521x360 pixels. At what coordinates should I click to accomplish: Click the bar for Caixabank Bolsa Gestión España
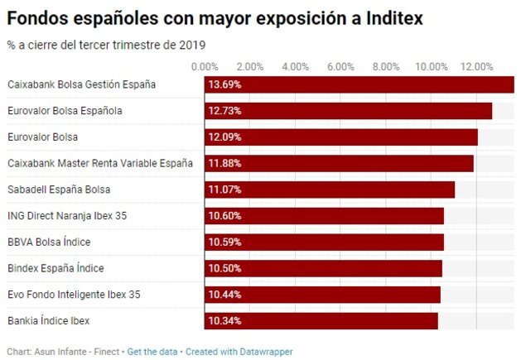359,84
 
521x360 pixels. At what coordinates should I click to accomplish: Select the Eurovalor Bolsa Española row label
65,111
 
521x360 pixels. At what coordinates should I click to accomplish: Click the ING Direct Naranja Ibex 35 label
67,216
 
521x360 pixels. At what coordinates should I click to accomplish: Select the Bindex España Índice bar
323,268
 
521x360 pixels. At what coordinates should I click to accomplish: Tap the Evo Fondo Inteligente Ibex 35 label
74,295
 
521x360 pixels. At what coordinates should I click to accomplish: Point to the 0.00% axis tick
205,66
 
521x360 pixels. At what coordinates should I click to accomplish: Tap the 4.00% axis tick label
296,66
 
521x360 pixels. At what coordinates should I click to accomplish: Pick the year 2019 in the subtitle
194,44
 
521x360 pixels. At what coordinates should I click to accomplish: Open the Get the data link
152,352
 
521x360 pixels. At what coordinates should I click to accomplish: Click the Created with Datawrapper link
239,352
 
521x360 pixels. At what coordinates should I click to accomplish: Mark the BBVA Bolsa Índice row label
49,242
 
